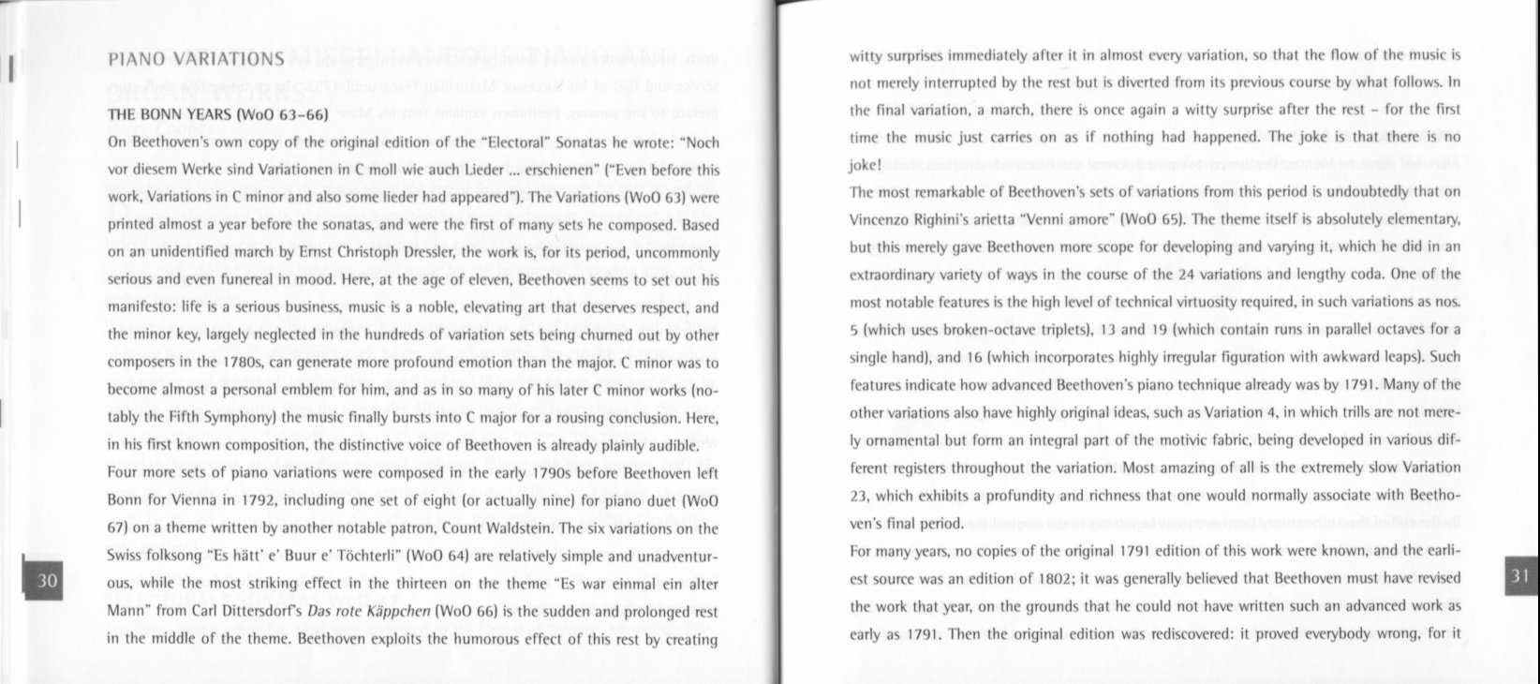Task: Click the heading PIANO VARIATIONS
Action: point(196,60)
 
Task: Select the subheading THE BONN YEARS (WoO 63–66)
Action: point(216,116)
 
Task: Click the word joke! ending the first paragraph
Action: point(866,165)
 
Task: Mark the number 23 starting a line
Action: point(858,495)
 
